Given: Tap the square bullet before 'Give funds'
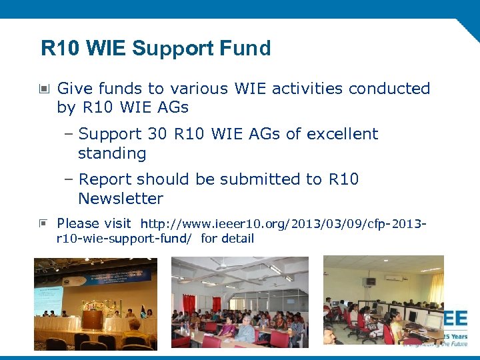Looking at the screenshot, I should [x=44, y=89].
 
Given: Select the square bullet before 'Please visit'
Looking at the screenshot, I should [x=44, y=223].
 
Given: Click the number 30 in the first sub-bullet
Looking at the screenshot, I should [x=157, y=134].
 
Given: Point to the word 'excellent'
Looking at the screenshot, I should [x=341, y=134].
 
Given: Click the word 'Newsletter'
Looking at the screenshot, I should [x=121, y=199].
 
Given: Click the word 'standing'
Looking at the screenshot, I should [x=112, y=153].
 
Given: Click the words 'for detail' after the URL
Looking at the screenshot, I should [x=227, y=239].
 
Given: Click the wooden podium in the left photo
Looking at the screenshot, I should [x=91, y=319].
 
